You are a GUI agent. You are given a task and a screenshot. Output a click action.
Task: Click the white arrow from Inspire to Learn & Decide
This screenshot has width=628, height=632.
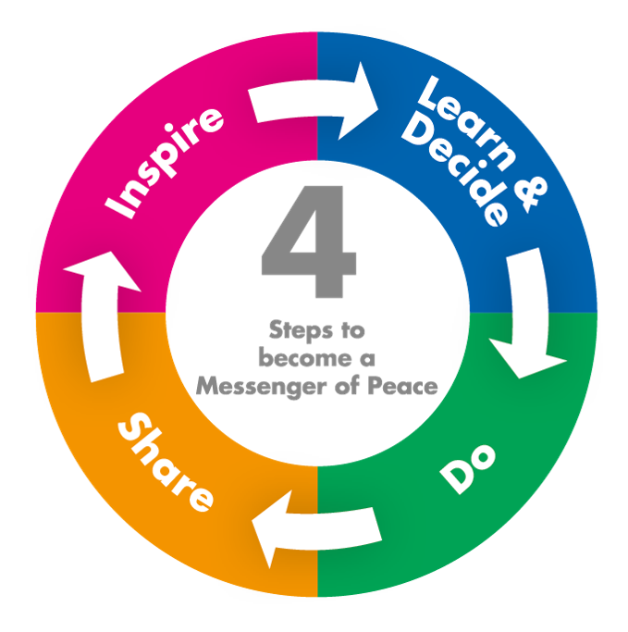pyautogui.click(x=314, y=102)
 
